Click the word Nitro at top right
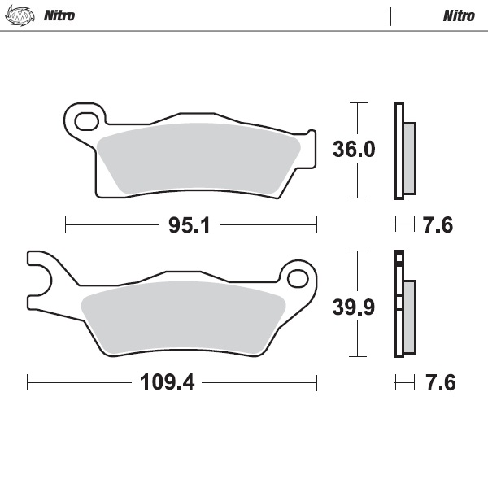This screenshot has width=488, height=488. click(x=459, y=15)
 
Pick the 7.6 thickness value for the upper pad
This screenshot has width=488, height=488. click(x=437, y=225)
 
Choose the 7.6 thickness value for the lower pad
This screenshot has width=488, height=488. click(x=437, y=382)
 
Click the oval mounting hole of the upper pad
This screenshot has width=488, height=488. click(x=85, y=122)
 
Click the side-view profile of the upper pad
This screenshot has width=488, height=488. click(x=403, y=151)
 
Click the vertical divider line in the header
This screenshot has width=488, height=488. click(x=391, y=15)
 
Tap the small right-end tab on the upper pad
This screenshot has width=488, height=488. click(x=309, y=140)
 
